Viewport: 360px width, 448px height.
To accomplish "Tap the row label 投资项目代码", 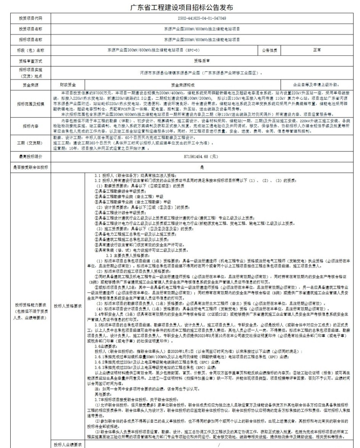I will (31, 18).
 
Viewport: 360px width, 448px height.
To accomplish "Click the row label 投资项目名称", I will (31, 29).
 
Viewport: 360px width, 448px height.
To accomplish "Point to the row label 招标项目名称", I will (31, 39).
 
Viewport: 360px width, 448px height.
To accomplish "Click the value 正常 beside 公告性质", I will (316, 50).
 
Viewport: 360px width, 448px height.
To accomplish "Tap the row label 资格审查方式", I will (31, 60).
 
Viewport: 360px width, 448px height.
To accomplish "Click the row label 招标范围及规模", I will (31, 103).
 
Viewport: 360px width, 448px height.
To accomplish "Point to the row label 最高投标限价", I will (31, 156).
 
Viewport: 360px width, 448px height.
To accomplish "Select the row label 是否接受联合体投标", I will (31, 167).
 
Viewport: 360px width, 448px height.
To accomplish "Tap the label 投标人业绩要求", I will (68, 445).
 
